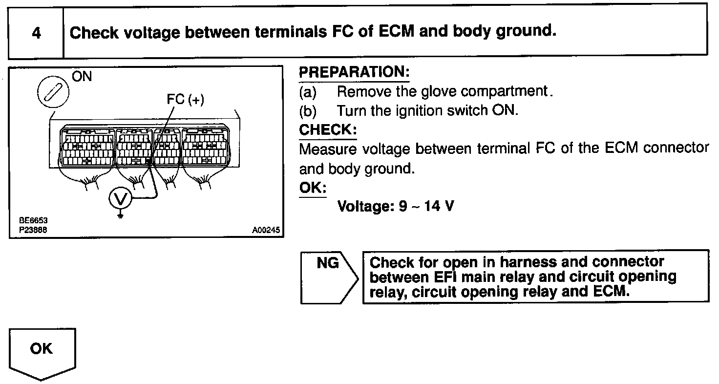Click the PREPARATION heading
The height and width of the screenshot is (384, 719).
[x=354, y=72]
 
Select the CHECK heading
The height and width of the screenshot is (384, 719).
[x=327, y=130]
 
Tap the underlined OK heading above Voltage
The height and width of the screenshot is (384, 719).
[x=312, y=188]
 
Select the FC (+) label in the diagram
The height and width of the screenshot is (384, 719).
[x=185, y=100]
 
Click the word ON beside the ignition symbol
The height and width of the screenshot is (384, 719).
[x=82, y=77]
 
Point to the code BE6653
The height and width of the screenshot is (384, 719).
[x=36, y=221]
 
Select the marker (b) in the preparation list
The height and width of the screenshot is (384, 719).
[x=308, y=110]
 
